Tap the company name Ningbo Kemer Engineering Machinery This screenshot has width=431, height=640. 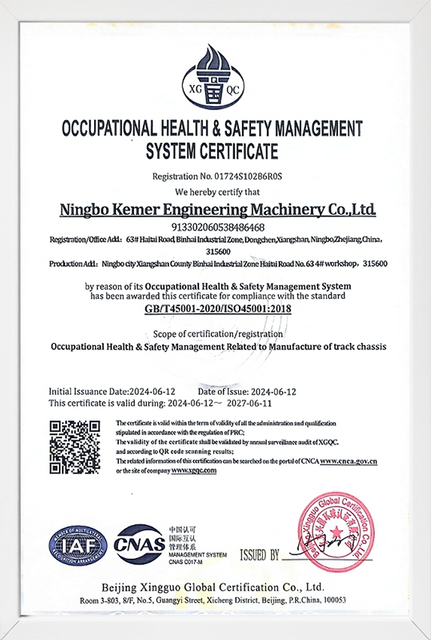215,211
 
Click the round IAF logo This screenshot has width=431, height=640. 77,546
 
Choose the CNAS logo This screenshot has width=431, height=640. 141,547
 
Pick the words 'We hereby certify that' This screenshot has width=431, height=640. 216,190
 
